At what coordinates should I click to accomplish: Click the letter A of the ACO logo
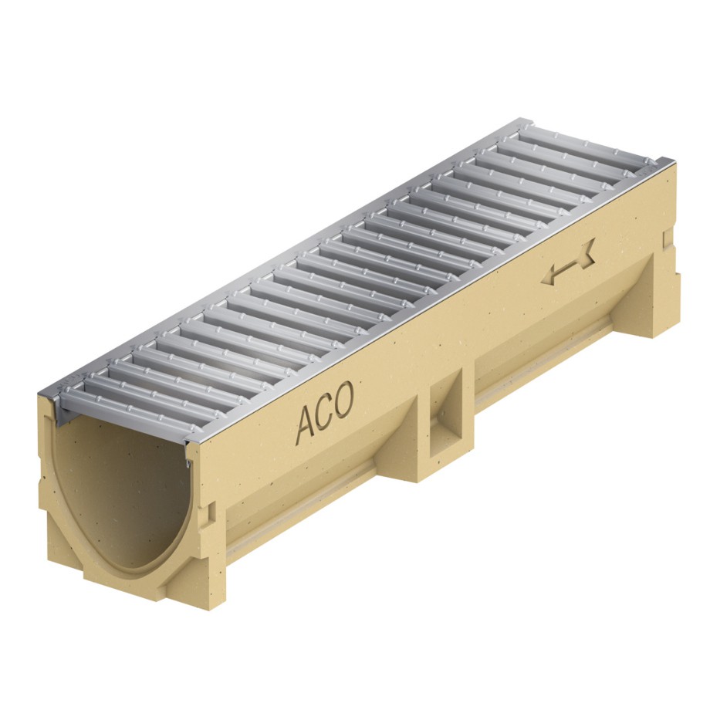pos(306,424)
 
